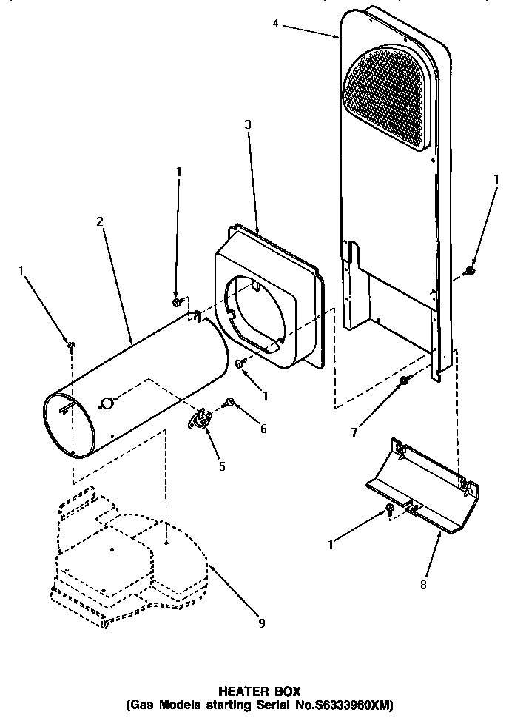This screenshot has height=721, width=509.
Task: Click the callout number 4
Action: (x=275, y=24)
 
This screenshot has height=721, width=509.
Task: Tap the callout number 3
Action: (x=248, y=125)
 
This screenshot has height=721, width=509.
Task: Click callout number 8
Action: (x=422, y=584)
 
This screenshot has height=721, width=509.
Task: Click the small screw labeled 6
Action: (x=230, y=402)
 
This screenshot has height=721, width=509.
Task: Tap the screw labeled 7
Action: (x=404, y=380)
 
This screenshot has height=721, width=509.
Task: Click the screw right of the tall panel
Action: (x=469, y=272)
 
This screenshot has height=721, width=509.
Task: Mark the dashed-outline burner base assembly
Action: (x=126, y=555)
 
